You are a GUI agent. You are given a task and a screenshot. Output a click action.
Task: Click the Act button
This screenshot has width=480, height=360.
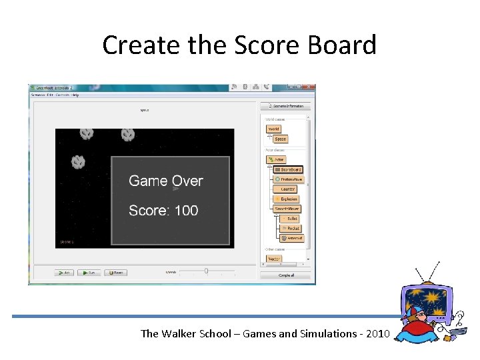[64, 272]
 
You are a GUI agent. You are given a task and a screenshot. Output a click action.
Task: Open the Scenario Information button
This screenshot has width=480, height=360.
[285, 106]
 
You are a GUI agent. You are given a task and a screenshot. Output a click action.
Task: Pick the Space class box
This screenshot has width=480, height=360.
[280, 139]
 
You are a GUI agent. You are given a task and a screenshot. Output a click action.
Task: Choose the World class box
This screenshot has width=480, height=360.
[274, 129]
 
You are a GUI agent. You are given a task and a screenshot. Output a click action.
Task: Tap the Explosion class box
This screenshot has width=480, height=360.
[287, 199]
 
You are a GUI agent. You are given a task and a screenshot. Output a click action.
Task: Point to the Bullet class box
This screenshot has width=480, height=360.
[291, 219]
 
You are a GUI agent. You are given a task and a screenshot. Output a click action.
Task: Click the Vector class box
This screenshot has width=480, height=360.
[274, 258]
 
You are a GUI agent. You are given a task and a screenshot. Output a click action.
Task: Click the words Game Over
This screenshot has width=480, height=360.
[165, 181]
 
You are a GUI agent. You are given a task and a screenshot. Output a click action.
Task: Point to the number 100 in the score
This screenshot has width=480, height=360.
[186, 211]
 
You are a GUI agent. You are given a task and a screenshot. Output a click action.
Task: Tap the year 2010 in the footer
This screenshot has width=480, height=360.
[375, 333]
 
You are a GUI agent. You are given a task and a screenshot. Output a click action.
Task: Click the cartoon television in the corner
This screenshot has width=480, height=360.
[429, 307]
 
